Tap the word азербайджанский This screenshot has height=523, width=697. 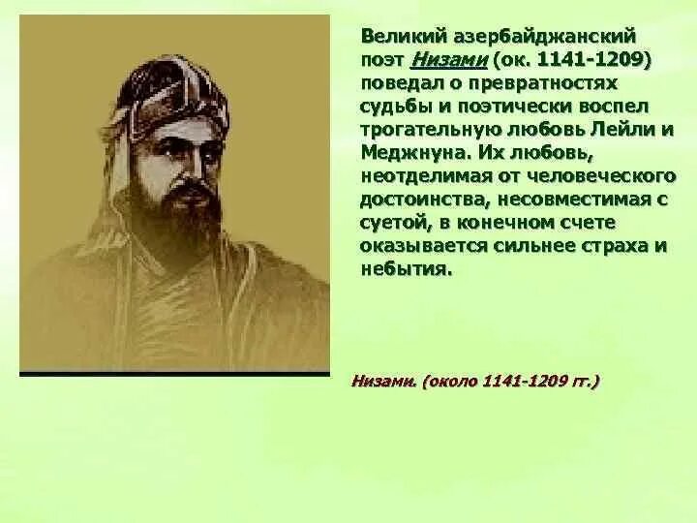pyautogui.click(x=543, y=37)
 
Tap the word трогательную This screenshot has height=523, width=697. pyautogui.click(x=426, y=129)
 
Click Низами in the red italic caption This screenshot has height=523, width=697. pyautogui.click(x=383, y=383)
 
